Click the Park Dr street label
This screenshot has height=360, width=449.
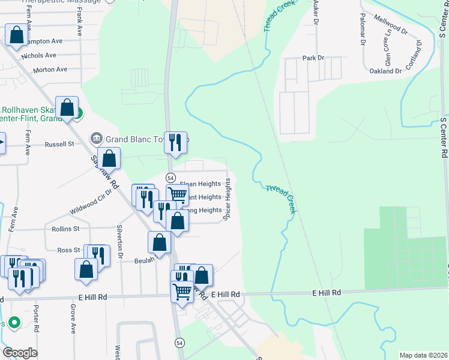(x=313, y=58)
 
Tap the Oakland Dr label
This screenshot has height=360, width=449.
(x=385, y=71)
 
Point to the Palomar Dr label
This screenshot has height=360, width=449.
(x=363, y=31)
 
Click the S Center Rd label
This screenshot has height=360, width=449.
(x=444, y=137)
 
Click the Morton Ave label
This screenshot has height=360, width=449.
(x=50, y=70)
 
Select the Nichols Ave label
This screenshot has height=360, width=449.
(x=38, y=55)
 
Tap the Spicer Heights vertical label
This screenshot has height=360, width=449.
(x=228, y=200)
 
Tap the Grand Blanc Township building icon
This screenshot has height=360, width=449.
(x=95, y=139)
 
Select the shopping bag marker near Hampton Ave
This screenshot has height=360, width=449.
(x=16, y=35)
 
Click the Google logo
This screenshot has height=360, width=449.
(x=20, y=353)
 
